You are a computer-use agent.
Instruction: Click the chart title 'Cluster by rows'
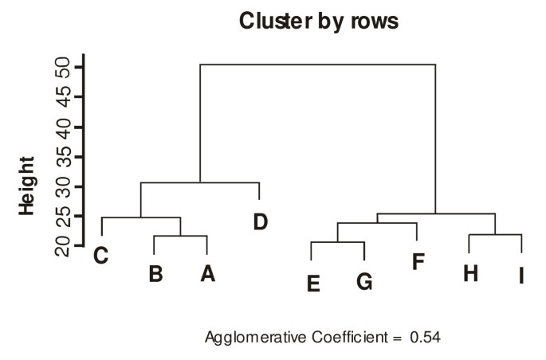coord(319,22)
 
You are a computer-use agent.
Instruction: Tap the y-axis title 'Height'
coord(27,185)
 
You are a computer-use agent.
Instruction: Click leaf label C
coord(100,256)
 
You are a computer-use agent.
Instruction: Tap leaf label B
coord(155,274)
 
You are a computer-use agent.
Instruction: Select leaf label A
coord(207,274)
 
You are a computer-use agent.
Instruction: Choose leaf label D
coord(260,221)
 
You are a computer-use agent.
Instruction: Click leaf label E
coord(313,282)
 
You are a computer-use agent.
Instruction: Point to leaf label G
coord(364,282)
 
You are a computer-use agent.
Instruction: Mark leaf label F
coord(418,261)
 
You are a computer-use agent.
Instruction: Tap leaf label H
coord(470,273)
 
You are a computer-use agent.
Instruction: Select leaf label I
coord(521,276)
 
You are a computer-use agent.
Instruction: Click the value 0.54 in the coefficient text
coord(425,337)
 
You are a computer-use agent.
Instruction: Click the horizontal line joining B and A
coord(180,237)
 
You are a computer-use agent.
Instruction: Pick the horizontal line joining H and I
coord(495,235)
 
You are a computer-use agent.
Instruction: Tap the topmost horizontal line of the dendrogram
coord(317,65)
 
